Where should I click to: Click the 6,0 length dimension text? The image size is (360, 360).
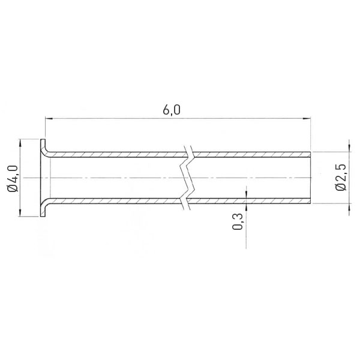(x=172, y=110)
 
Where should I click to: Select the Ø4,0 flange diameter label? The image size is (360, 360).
(x=13, y=178)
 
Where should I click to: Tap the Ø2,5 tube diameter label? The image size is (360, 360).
(x=340, y=177)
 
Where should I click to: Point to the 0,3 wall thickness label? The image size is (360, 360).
(x=238, y=221)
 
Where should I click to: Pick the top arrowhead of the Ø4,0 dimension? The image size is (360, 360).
(x=20, y=143)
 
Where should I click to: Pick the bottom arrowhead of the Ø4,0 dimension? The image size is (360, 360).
(x=20, y=212)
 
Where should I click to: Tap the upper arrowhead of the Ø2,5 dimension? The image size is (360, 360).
(x=349, y=148)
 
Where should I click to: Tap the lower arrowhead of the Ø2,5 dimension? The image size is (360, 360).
(x=349, y=208)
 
